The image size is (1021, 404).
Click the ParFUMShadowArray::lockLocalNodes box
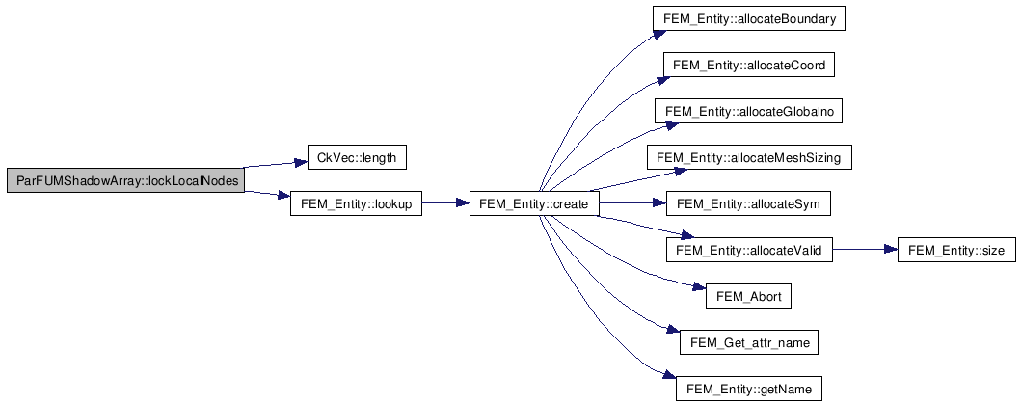tap(126, 180)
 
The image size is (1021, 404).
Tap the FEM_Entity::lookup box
tap(356, 204)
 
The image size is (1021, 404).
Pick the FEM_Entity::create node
tap(533, 204)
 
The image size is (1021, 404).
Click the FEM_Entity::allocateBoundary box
tap(749, 19)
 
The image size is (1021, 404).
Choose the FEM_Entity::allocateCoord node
tap(749, 66)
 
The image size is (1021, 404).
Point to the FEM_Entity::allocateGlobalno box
tap(749, 112)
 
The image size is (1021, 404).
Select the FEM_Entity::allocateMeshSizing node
tap(749, 158)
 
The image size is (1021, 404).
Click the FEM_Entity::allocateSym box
tap(749, 204)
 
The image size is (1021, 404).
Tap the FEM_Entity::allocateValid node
tap(749, 251)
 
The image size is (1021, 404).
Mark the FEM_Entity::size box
tap(956, 251)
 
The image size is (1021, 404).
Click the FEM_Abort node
tap(749, 296)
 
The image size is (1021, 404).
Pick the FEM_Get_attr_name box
tap(749, 342)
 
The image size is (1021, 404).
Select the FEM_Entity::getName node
tap(749, 389)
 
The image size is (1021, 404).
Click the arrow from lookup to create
tap(445, 204)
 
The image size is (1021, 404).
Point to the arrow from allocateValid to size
tap(865, 251)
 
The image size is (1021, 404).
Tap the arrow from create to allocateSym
tap(631, 204)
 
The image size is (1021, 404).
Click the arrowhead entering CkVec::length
tap(300, 162)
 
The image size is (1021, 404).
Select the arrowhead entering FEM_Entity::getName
tap(669, 376)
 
